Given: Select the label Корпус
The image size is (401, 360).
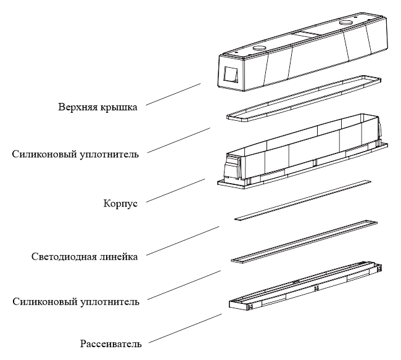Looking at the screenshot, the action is click(x=120, y=203).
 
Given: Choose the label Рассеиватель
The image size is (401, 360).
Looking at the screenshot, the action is click(x=110, y=343).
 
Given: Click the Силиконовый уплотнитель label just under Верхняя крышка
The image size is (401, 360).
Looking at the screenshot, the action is click(x=75, y=154).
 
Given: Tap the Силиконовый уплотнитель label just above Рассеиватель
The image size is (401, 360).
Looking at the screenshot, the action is click(x=76, y=301).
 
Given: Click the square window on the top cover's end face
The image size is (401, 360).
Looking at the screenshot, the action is click(x=231, y=75).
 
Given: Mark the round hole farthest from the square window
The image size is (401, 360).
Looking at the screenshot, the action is click(x=346, y=22).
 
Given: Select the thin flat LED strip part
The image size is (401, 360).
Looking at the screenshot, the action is click(x=303, y=200).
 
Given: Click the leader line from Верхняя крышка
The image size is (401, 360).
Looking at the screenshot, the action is click(x=173, y=94).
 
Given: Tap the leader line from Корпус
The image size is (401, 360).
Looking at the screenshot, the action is click(x=175, y=190).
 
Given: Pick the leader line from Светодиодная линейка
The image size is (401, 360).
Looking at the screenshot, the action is click(x=183, y=240).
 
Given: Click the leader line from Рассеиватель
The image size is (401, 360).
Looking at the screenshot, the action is click(x=185, y=328).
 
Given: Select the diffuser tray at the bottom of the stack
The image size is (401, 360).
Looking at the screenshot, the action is click(x=305, y=286).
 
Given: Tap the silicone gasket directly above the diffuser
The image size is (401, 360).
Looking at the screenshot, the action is click(x=304, y=241).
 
